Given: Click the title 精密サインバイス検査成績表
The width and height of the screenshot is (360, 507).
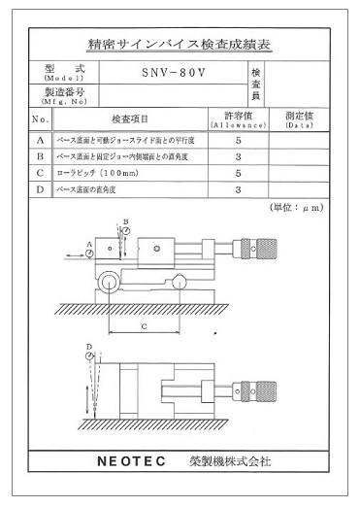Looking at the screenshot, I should (180, 45).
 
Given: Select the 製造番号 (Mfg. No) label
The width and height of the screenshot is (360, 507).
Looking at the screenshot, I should (64, 96).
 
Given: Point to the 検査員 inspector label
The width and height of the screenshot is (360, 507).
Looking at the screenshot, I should (256, 84).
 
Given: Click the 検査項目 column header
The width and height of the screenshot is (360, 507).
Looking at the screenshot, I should (130, 119).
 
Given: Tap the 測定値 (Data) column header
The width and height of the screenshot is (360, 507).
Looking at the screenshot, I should (300, 119).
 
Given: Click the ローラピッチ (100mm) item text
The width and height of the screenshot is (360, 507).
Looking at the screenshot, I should (97, 173).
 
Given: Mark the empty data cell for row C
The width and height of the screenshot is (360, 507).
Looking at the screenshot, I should (300, 173).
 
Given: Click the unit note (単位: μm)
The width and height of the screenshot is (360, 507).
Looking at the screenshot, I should (297, 208).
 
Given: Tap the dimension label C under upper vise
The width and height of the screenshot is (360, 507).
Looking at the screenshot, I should (145, 328).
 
